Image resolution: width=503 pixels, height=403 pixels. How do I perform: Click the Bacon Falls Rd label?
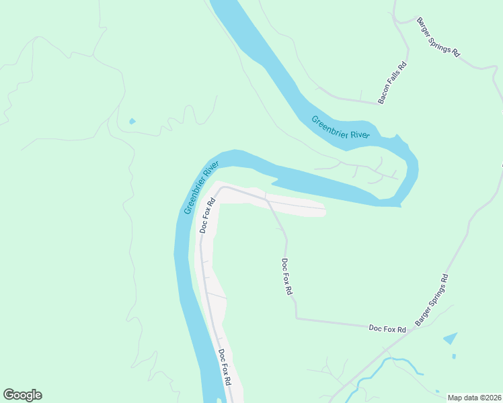click(x=393, y=83)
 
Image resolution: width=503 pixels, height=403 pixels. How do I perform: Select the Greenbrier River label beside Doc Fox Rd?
click(x=202, y=187)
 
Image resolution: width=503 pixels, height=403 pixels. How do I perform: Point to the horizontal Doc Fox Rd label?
click(x=387, y=329)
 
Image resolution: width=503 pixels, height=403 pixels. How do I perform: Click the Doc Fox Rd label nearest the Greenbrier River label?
click(x=207, y=215)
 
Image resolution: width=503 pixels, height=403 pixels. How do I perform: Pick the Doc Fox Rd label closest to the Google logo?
click(x=225, y=366)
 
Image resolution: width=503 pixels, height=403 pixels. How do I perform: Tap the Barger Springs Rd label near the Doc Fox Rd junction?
click(x=431, y=300)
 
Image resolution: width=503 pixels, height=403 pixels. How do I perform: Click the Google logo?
click(x=22, y=395)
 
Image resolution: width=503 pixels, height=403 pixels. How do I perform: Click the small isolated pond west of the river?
click(x=132, y=122)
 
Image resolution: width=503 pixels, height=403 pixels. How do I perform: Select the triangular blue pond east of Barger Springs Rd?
click(x=451, y=339)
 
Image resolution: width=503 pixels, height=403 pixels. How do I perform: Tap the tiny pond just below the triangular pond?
click(x=454, y=356)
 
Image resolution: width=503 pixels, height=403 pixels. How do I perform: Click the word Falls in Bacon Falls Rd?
click(x=393, y=83)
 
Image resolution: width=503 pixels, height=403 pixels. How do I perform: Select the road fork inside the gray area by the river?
click(x=266, y=199)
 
